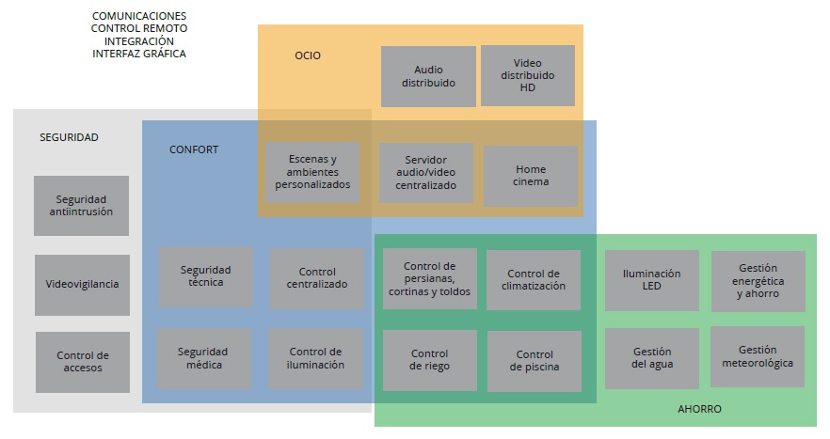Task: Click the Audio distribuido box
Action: (428, 76)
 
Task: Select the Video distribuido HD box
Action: (527, 75)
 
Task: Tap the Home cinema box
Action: (531, 176)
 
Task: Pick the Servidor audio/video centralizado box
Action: (424, 173)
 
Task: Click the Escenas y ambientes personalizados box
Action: (312, 173)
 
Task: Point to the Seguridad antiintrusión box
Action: (81, 206)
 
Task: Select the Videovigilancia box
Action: (82, 285)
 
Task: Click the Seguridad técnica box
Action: (206, 277)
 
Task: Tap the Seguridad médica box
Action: (203, 358)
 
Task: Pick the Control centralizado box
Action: (317, 278)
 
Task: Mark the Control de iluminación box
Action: (316, 358)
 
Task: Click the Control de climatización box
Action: (534, 280)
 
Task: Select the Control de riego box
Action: (429, 360)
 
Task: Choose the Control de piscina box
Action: (535, 361)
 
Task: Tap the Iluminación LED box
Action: (651, 280)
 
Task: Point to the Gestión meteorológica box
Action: (758, 356)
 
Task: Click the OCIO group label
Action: (308, 55)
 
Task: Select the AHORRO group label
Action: (699, 409)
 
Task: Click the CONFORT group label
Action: (194, 149)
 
